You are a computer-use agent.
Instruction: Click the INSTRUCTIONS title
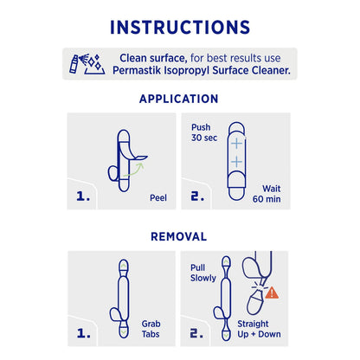click(x=180, y=28)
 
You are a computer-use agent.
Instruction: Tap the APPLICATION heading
click(x=179, y=99)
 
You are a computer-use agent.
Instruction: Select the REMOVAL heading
click(x=179, y=236)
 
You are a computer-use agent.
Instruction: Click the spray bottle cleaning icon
click(x=87, y=64)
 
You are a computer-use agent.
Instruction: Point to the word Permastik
click(x=137, y=71)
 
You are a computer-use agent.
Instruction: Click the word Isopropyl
click(x=186, y=71)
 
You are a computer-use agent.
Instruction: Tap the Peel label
click(x=158, y=198)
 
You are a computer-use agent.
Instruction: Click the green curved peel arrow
click(x=134, y=170)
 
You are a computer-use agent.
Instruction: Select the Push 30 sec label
click(x=204, y=132)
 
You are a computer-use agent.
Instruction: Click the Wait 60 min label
click(x=267, y=194)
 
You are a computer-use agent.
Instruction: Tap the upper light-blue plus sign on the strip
click(x=236, y=144)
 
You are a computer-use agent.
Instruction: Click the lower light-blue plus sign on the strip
click(x=236, y=162)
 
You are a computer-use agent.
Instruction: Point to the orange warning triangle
click(x=272, y=293)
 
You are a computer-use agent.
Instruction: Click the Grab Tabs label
click(x=151, y=329)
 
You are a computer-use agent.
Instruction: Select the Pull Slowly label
click(x=203, y=273)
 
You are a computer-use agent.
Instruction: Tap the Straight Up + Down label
click(x=259, y=329)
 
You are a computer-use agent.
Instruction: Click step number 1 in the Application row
click(x=83, y=196)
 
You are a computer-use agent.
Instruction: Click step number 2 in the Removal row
click(x=196, y=334)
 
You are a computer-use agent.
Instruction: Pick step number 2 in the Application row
click(x=197, y=196)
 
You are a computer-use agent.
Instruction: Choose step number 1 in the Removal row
click(x=84, y=334)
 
